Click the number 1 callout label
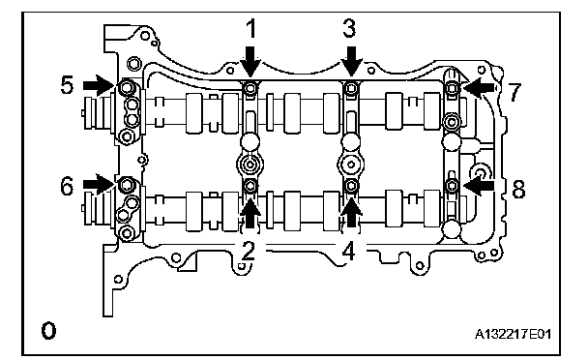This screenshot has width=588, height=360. pos(251,29)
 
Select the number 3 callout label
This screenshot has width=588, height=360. pos(349,28)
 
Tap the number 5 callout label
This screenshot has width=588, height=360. pos(67,85)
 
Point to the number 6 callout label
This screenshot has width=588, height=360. pos(67,186)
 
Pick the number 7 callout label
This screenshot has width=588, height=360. pos(514,92)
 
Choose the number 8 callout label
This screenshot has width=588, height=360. pos(518,190)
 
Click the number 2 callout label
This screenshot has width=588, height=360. pos(249,251)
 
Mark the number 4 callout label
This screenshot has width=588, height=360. pos(349,251)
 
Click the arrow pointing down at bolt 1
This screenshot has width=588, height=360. pos(250,61)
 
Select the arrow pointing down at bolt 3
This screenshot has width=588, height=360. pos(351,61)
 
